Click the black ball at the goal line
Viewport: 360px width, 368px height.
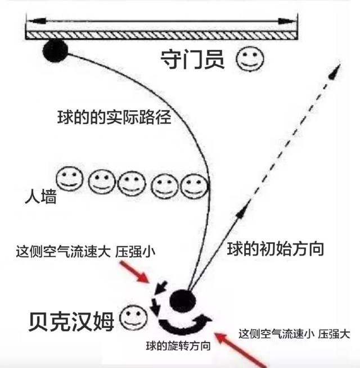click(55, 52)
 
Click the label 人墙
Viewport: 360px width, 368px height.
click(41, 197)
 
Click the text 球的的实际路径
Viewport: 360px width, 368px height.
click(114, 119)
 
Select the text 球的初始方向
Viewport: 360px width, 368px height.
click(276, 248)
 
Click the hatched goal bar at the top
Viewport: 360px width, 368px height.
click(163, 35)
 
